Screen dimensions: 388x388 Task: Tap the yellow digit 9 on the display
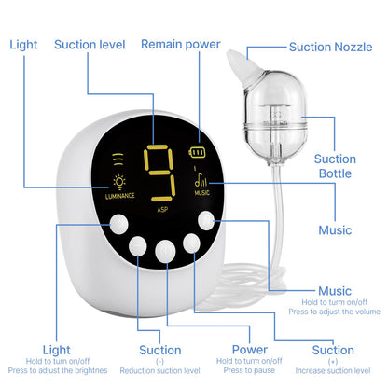coord(159,173)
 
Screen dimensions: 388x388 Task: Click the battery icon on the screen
coord(197,152)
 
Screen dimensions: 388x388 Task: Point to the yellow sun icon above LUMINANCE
coord(119,183)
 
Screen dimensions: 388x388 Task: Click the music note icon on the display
coord(201,180)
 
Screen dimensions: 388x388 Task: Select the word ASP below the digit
coord(162,210)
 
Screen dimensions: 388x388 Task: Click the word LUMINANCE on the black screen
coord(120,196)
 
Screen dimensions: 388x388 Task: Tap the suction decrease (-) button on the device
coord(138,245)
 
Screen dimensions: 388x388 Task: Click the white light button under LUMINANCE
coord(118,224)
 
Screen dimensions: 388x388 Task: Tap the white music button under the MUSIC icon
coord(206,221)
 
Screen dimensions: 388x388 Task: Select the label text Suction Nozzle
coord(330,47)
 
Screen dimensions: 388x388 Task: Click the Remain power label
coord(181,44)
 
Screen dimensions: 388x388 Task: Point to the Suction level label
coord(90,45)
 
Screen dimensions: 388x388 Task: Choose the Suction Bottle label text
coord(335,166)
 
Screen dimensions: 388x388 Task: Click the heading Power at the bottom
coord(250,350)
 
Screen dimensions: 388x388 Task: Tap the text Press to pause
coord(249,370)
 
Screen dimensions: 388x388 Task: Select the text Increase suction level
coord(333,371)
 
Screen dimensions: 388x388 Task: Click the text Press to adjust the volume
coord(334,312)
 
